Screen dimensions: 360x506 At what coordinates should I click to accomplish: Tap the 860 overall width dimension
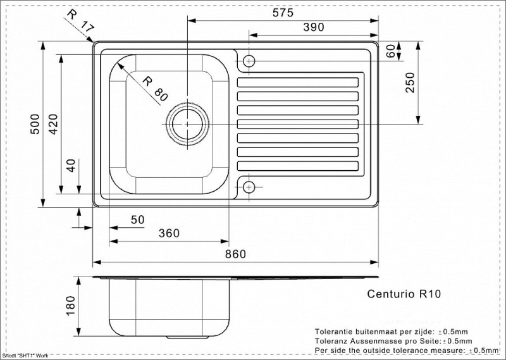coord(235,254)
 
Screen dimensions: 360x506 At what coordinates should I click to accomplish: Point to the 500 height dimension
coord(36,123)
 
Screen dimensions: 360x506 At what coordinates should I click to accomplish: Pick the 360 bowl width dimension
coord(169,233)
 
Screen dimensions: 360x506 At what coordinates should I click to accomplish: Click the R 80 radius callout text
coord(154,89)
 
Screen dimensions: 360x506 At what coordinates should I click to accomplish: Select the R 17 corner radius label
coord(80,21)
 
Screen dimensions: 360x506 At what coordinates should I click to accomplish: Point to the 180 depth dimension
coord(70,306)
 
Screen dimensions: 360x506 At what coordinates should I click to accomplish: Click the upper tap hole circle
coord(249,61)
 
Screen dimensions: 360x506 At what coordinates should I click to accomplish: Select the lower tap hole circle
coord(249,187)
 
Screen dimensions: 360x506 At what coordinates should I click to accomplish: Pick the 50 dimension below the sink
coord(137,220)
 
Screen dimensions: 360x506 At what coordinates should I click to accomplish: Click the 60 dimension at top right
coord(390,51)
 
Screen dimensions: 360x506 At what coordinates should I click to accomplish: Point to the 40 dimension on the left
coord(71,166)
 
